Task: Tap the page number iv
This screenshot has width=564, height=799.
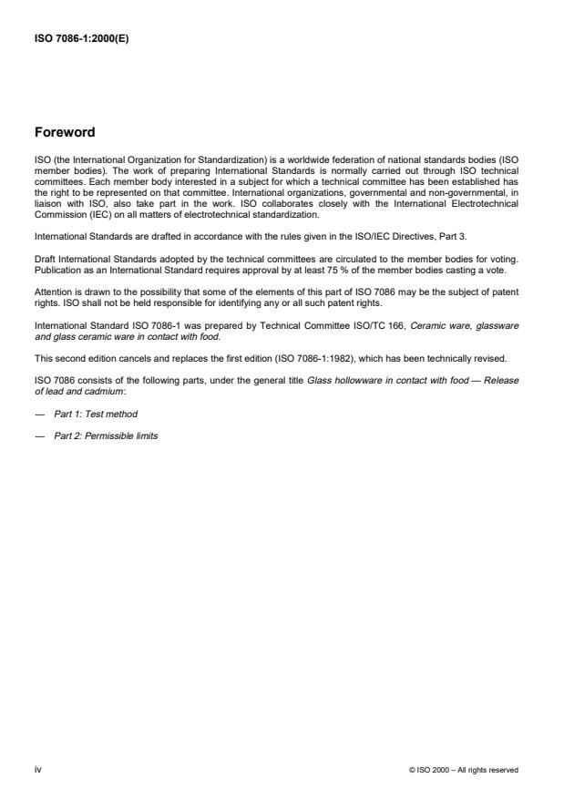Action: [x=37, y=769]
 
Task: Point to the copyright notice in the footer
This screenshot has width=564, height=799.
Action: [x=465, y=770]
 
